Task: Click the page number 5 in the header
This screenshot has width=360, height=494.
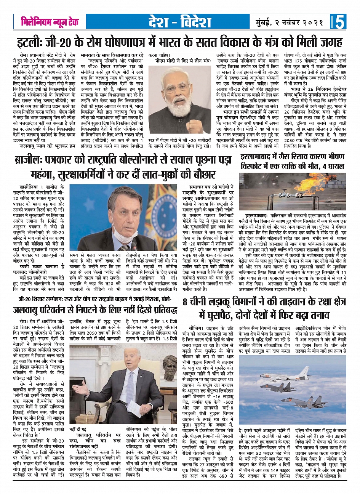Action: (x=340, y=22)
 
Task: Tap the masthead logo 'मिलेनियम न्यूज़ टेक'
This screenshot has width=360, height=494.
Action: (x=50, y=22)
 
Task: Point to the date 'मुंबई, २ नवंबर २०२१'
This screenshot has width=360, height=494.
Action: (x=288, y=22)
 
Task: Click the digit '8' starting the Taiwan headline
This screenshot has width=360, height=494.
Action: (x=185, y=302)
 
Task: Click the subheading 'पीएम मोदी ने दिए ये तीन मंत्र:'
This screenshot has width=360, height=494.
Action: (x=180, y=60)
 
